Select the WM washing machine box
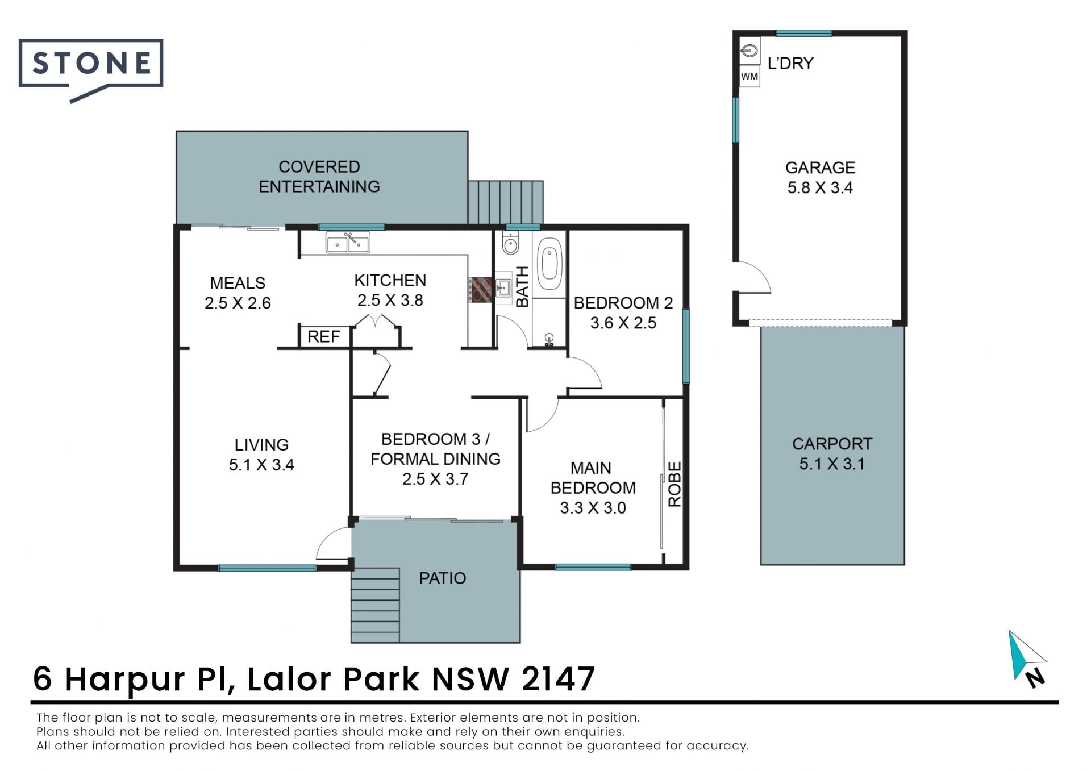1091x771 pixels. click(749, 76)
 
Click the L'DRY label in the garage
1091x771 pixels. click(790, 63)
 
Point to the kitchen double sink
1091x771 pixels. click(348, 243)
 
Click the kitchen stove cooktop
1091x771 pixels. click(480, 289)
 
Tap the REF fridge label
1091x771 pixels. click(323, 336)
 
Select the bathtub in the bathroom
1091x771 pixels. click(549, 265)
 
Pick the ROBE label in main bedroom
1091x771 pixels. click(674, 484)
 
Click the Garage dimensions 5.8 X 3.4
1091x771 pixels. click(820, 187)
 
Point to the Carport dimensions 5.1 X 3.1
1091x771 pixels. click(832, 464)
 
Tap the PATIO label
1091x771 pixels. click(442, 578)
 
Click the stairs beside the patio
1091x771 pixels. click(375, 605)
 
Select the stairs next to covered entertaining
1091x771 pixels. click(506, 202)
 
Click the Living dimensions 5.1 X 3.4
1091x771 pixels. click(261, 465)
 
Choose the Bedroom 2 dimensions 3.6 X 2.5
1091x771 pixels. click(623, 323)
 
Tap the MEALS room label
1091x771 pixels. click(238, 283)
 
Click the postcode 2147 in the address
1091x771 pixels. click(558, 678)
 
